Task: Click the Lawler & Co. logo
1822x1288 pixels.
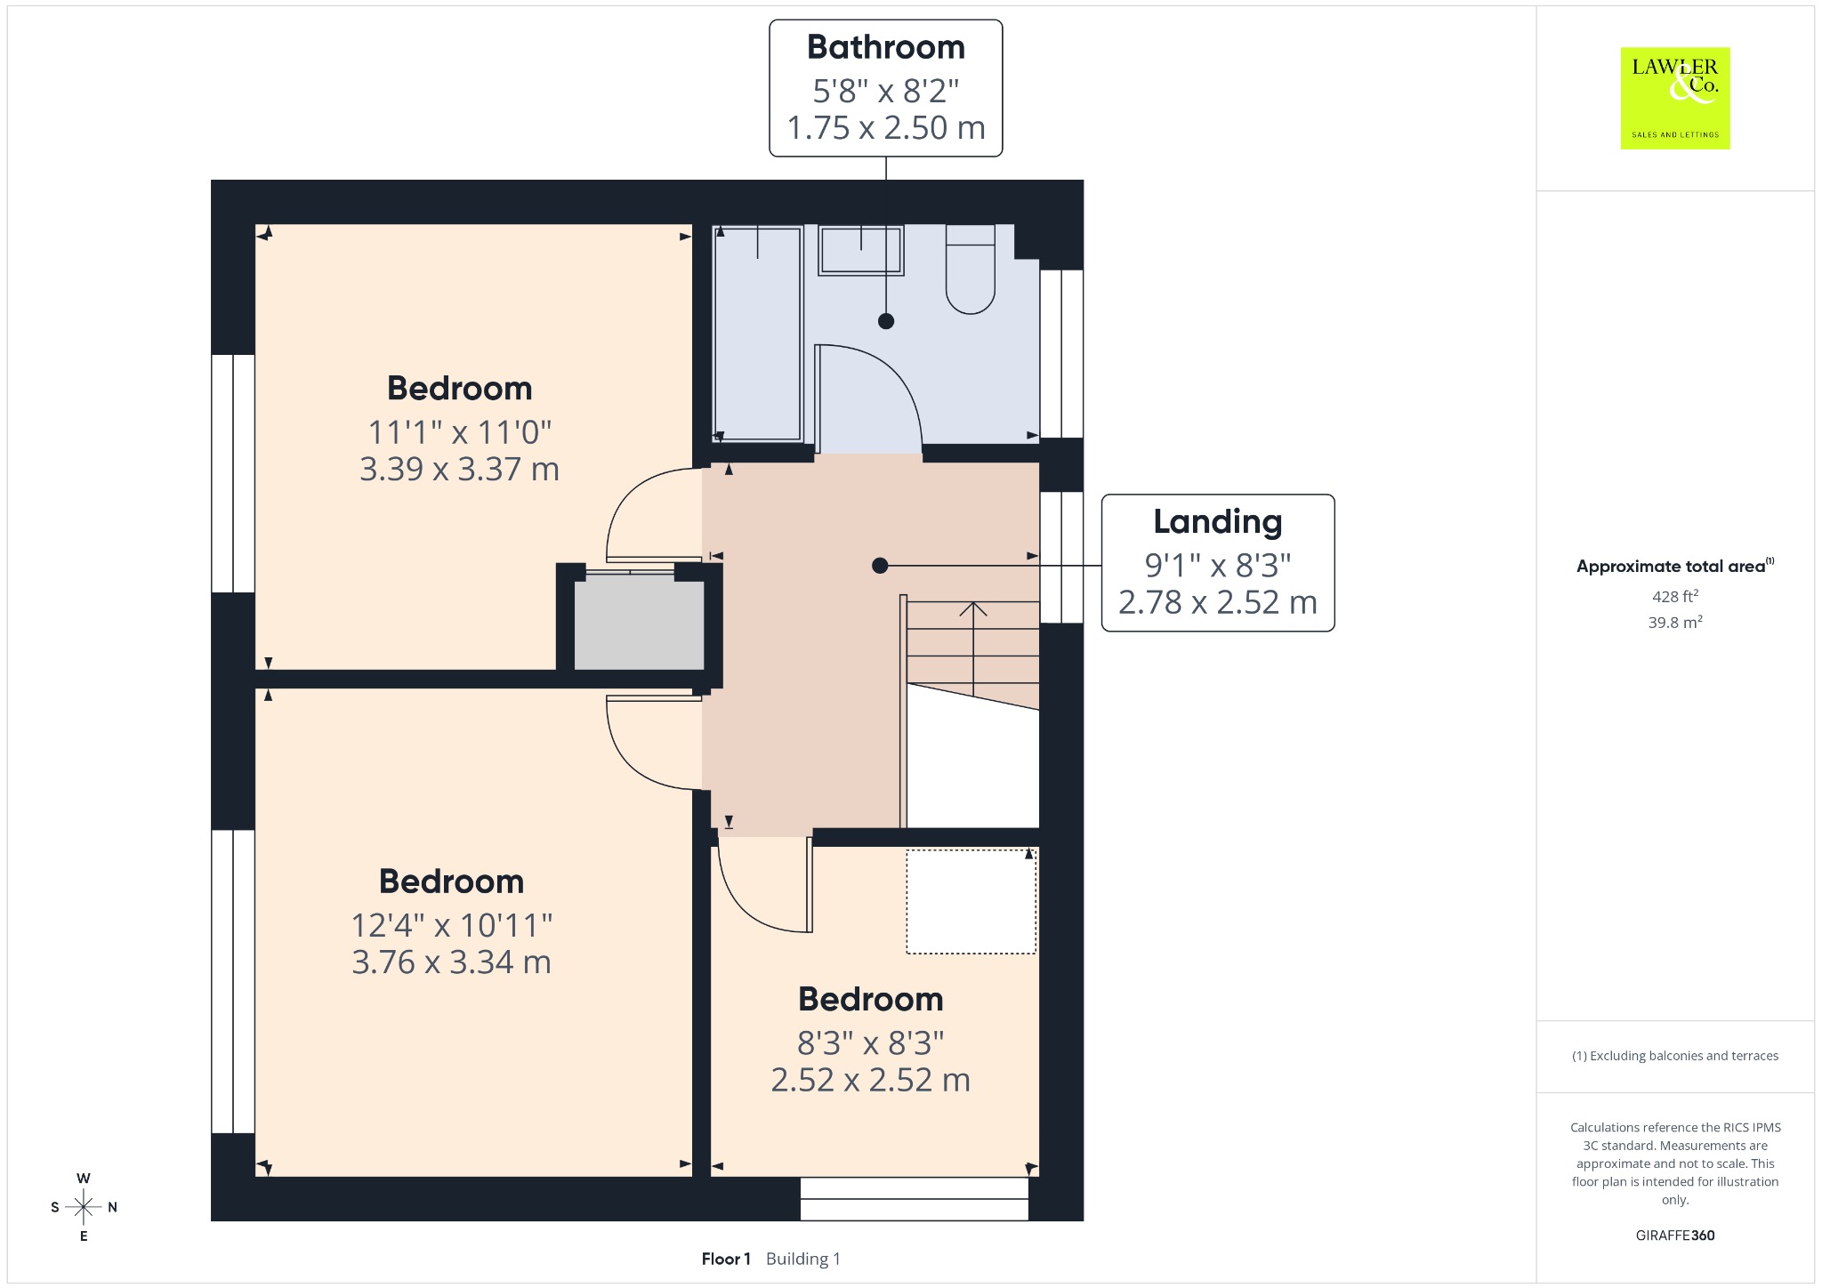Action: click(x=1674, y=98)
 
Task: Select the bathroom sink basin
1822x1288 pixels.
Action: click(x=860, y=250)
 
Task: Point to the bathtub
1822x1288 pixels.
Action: click(x=758, y=334)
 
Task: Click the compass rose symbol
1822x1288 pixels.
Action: click(x=84, y=1207)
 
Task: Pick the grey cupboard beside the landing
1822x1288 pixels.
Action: click(x=639, y=623)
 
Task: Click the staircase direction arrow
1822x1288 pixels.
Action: click(x=973, y=649)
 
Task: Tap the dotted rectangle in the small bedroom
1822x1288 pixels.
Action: click(x=971, y=902)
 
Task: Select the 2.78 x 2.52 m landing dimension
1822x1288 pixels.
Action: click(x=1217, y=602)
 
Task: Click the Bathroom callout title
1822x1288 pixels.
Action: click(x=886, y=47)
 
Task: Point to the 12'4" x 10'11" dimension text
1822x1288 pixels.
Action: click(x=452, y=925)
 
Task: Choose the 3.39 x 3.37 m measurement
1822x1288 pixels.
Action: click(x=460, y=469)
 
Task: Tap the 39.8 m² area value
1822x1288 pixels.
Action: click(x=1674, y=622)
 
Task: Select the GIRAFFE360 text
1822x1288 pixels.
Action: click(x=1675, y=1235)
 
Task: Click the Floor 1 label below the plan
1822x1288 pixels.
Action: click(x=726, y=1259)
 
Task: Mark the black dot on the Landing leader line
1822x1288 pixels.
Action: click(x=880, y=566)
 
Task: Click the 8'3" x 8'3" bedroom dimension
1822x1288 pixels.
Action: click(x=871, y=1042)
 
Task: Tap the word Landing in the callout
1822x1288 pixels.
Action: click(x=1218, y=522)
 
